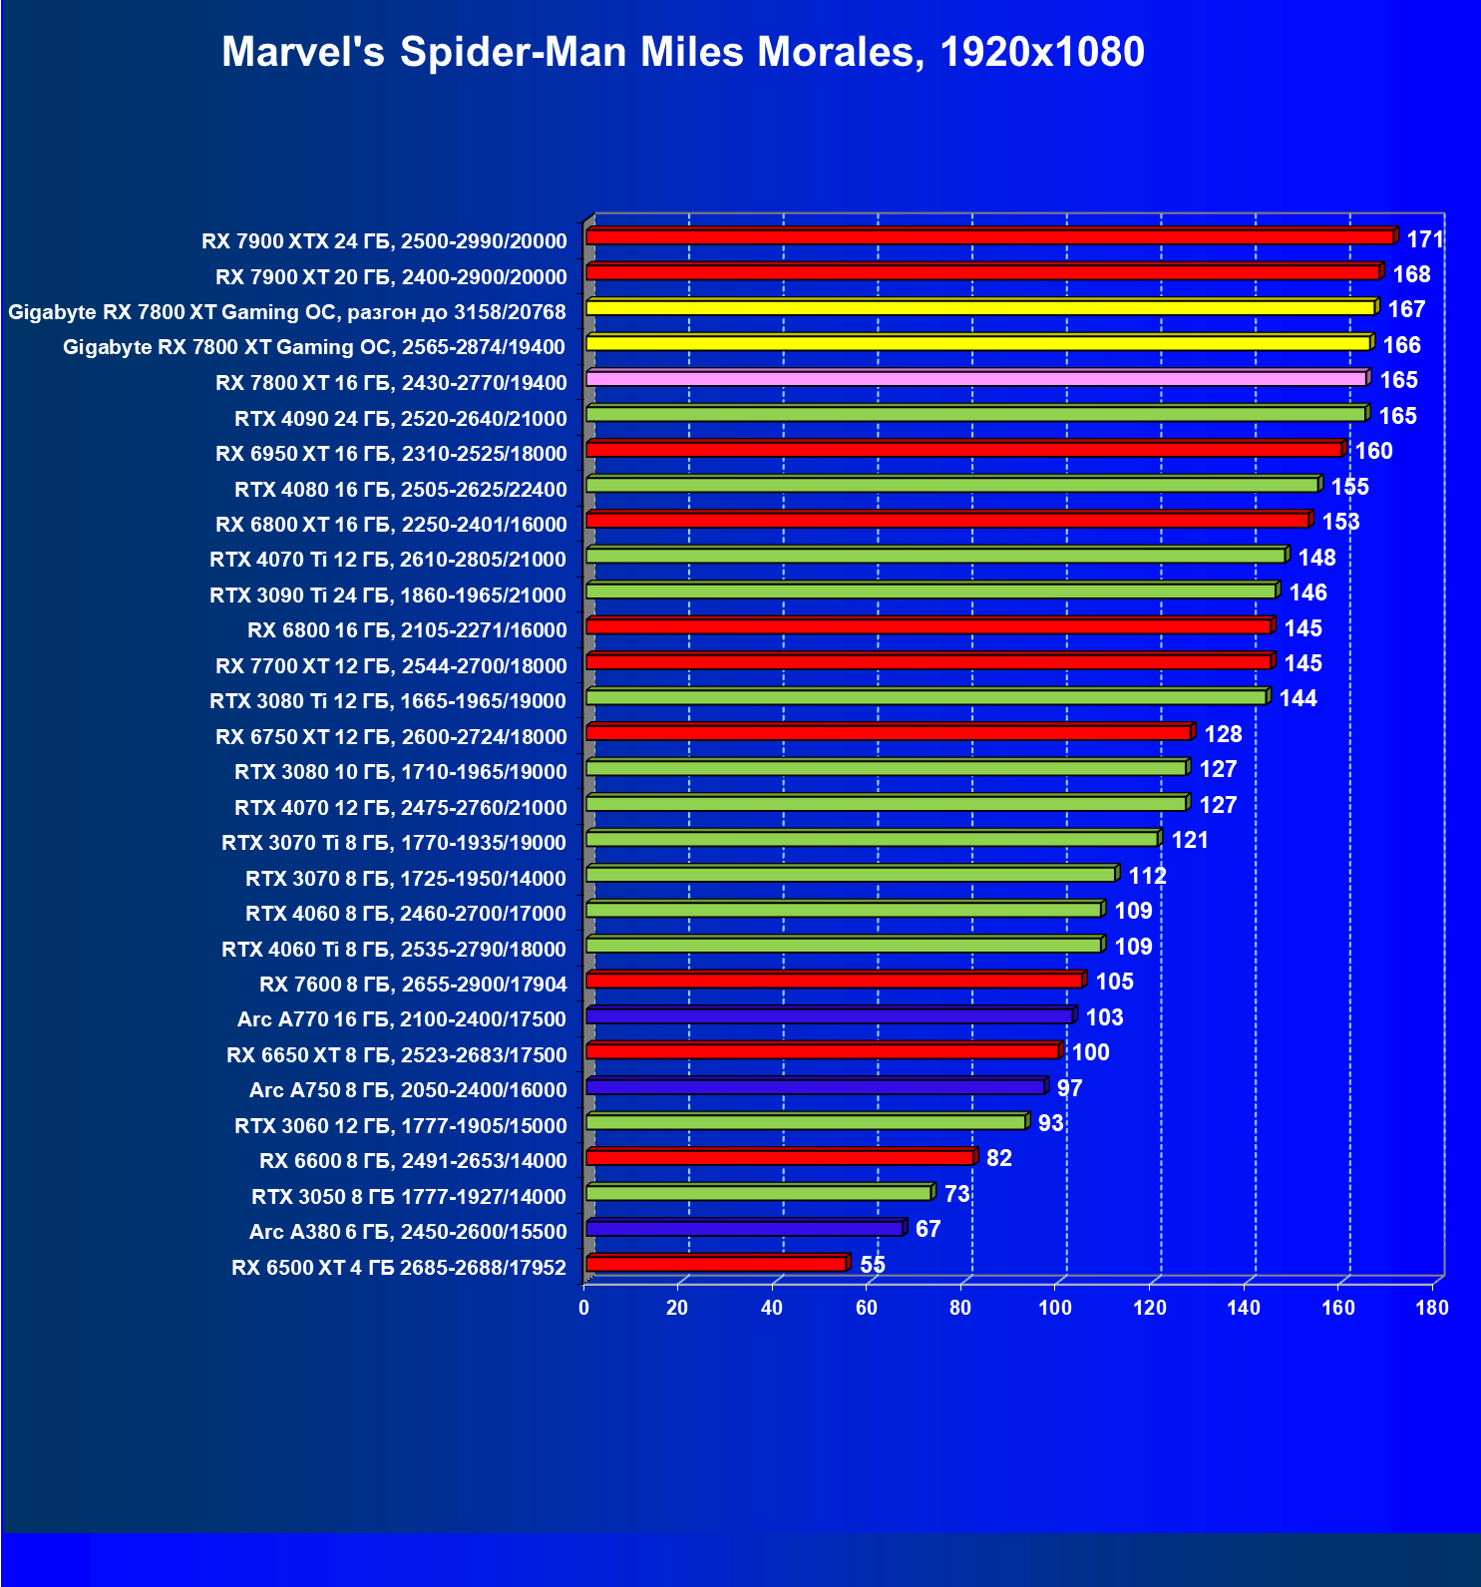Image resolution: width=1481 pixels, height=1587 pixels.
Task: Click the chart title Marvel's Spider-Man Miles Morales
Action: point(682,52)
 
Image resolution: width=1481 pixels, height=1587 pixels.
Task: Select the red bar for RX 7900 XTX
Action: point(989,236)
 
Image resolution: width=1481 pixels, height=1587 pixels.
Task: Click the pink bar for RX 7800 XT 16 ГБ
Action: point(975,379)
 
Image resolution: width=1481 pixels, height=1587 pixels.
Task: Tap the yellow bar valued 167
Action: point(980,307)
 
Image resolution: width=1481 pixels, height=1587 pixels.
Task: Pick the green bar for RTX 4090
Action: point(975,414)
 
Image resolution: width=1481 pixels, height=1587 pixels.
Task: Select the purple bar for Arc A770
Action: point(829,1016)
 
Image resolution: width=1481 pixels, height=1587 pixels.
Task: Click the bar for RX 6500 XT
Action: point(716,1264)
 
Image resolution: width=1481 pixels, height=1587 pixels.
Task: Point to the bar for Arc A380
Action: point(745,1228)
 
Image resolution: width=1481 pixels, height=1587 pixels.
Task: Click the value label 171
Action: point(1425,239)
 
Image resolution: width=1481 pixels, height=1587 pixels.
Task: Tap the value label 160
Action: point(1373,451)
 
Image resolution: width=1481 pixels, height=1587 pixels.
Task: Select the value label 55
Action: point(872,1265)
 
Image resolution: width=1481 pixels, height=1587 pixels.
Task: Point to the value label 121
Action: point(1190,840)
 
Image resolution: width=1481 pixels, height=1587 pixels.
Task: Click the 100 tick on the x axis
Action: point(1054,1308)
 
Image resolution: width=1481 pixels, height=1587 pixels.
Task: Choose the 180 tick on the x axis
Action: point(1431,1308)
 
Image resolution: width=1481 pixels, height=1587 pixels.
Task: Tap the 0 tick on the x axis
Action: point(584,1308)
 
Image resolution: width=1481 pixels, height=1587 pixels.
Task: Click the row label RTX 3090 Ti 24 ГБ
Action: point(388,595)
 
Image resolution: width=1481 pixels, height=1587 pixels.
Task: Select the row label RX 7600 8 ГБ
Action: point(413,985)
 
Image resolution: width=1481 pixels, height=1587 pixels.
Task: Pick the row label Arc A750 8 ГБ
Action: point(408,1090)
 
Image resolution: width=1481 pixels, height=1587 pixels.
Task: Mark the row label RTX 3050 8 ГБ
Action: point(409,1196)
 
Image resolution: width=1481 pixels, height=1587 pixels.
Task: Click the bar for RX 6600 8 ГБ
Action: point(780,1157)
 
